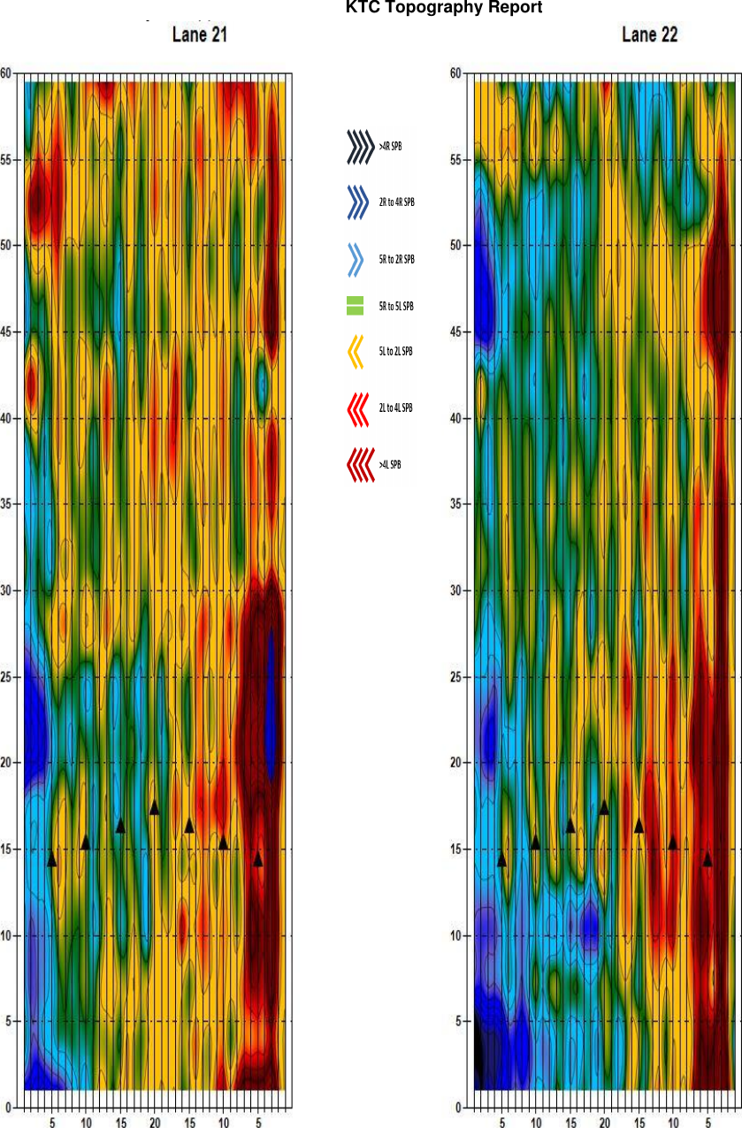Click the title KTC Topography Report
[443, 8]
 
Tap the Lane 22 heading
[650, 35]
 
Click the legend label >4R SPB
[391, 147]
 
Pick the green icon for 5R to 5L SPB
[355, 306]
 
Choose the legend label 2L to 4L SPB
[396, 408]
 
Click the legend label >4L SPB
[390, 464]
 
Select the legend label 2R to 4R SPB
[396, 202]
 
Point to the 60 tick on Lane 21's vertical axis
[6, 73]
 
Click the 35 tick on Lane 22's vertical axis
[456, 504]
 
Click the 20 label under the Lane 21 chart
[155, 1123]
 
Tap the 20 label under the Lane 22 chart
[604, 1123]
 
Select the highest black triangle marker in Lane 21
[155, 807]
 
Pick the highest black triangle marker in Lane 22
[604, 807]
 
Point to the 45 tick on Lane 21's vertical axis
[6, 332]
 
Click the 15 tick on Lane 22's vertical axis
[456, 850]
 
